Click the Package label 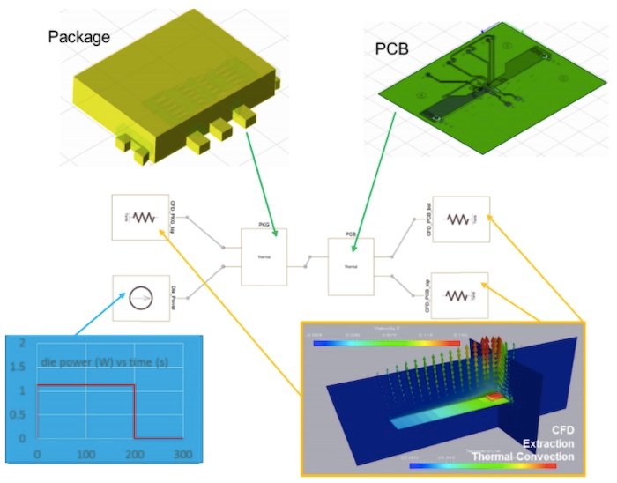[x=93, y=36]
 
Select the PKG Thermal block [x=264, y=256]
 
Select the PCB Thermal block [x=350, y=265]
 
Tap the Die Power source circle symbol [x=140, y=300]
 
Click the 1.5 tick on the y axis [x=22, y=366]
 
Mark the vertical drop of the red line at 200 [x=134, y=412]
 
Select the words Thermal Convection [x=523, y=457]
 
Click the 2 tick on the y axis [x=22, y=342]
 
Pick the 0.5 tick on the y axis [x=22, y=414]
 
